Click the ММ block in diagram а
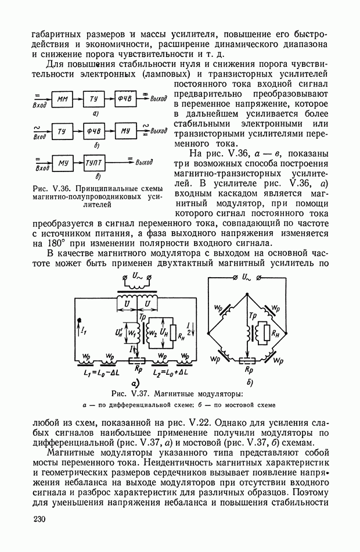pyautogui.click(x=63, y=99)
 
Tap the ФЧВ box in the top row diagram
pyautogui.click(x=126, y=99)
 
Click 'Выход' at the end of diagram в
pyautogui.click(x=148, y=163)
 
